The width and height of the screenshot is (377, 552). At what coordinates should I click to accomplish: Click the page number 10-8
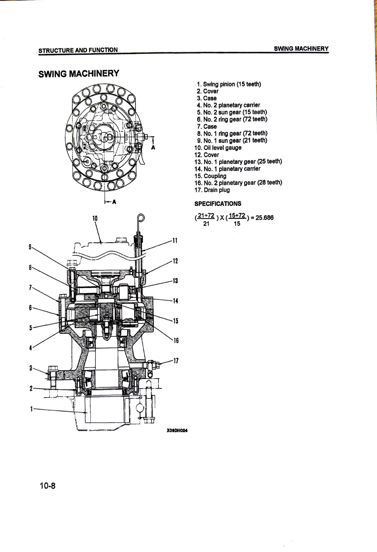point(47,486)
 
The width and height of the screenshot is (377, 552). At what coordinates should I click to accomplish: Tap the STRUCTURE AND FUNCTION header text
point(78,50)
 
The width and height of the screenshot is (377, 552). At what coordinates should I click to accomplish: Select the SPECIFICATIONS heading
point(218,203)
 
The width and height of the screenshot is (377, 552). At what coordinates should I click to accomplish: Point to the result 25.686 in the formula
point(264,218)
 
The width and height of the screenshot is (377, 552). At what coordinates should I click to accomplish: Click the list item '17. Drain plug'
point(212,190)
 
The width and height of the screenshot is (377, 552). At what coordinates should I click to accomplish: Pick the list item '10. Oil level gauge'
point(218,148)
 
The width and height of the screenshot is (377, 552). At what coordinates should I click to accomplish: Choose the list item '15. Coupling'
point(210,176)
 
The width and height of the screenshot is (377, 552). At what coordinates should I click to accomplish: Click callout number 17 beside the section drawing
point(176,361)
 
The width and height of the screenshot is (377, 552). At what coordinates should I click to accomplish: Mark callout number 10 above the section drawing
point(95,218)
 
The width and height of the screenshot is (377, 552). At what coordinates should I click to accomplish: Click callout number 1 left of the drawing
point(31,409)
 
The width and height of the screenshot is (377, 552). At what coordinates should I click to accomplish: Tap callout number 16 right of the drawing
point(176,340)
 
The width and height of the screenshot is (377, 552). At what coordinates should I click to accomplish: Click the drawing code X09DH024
point(177,431)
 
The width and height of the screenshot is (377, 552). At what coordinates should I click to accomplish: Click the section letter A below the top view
point(114,202)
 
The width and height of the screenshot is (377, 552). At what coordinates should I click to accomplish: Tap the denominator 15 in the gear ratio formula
point(237,224)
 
